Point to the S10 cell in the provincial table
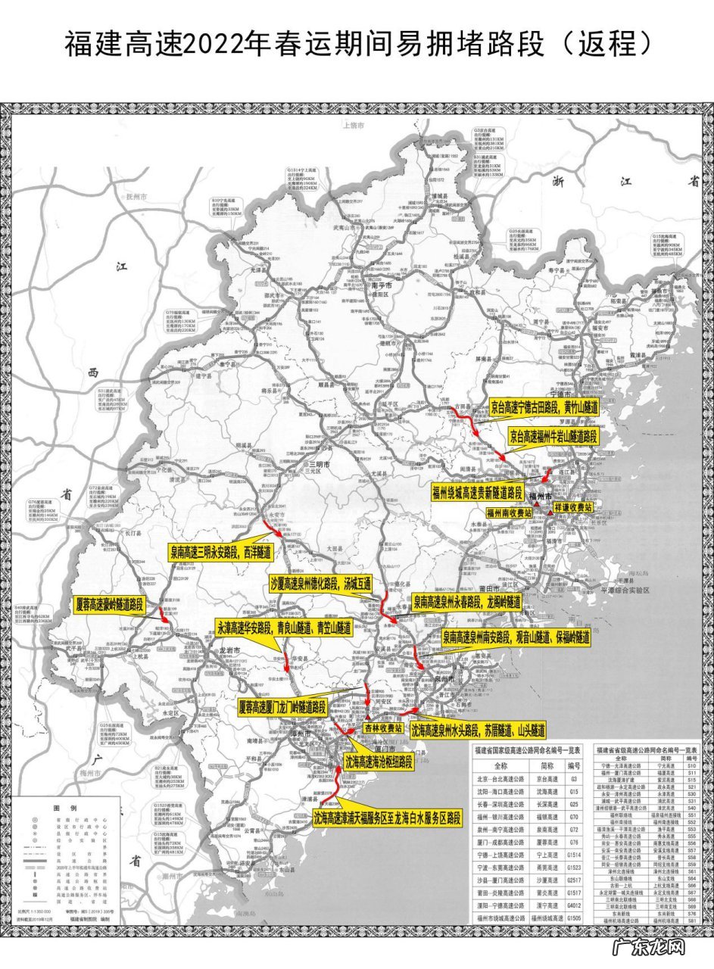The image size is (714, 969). pyautogui.click(x=691, y=766)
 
